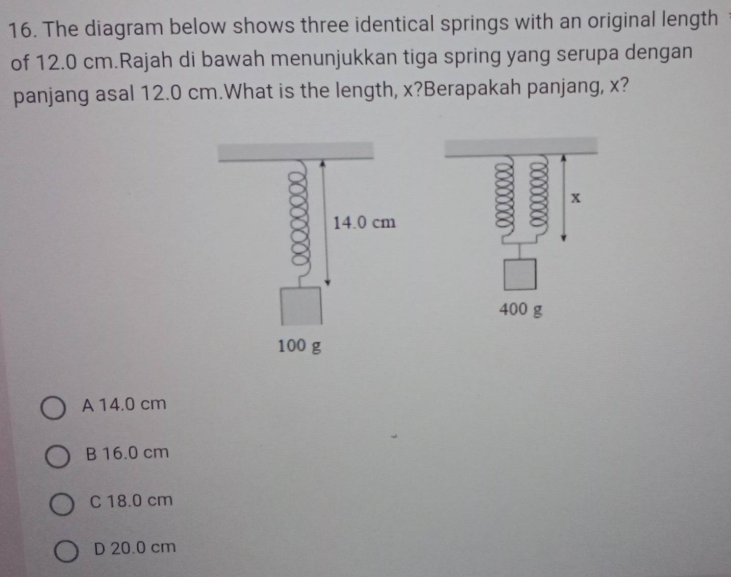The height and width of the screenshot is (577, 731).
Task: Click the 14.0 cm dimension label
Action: coord(364,223)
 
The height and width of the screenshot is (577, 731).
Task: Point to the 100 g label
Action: coord(299,346)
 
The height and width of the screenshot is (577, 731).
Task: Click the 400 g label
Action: coord(520,309)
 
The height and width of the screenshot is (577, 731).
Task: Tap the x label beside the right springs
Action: coord(576,198)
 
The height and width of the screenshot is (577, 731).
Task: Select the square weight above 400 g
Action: coord(520,274)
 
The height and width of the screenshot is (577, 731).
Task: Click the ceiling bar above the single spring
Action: coord(296,151)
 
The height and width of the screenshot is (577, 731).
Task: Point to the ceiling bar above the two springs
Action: coord(521,145)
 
